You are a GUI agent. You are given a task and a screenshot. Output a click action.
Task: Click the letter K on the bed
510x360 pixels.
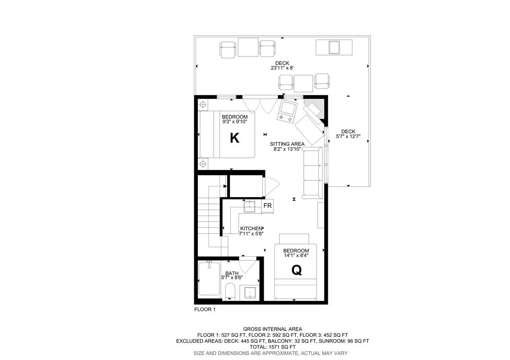click(234, 138)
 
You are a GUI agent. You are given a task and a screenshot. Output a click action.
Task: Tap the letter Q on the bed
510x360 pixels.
click(296, 270)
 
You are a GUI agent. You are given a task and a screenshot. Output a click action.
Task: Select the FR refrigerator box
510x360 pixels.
click(267, 206)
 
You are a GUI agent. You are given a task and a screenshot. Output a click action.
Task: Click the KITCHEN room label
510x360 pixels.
click(251, 228)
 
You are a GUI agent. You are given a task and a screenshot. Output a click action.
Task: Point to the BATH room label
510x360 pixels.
click(232, 273)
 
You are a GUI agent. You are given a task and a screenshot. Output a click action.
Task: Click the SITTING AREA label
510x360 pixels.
click(287, 144)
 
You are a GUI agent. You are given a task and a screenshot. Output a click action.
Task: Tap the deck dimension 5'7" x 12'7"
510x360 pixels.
click(348, 137)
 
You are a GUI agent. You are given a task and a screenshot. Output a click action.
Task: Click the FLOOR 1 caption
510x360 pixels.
click(205, 309)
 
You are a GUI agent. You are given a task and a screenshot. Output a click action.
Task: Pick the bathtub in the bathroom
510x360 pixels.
click(209, 278)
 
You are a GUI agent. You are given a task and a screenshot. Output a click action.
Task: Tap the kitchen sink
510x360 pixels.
click(249, 206)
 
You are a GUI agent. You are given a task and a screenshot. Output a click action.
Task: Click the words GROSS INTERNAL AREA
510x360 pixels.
click(273, 329)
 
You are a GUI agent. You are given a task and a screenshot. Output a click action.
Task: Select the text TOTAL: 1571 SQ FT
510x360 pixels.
click(273, 347)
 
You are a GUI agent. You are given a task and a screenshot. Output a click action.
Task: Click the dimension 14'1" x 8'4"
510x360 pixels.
click(296, 256)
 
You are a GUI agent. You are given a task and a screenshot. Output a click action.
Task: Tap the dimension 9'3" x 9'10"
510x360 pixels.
click(234, 122)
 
